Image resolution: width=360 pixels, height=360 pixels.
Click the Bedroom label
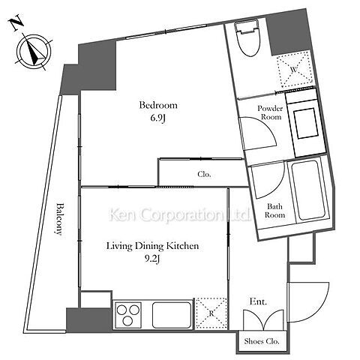[158, 105]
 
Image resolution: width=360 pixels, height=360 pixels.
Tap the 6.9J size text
[158, 118]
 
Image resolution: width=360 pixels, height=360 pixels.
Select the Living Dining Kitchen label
[153, 246]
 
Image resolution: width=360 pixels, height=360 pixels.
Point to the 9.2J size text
[152, 259]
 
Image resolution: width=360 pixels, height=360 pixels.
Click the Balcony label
[59, 219]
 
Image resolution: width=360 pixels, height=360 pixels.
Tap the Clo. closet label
[204, 174]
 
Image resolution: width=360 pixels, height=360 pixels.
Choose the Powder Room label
[270, 112]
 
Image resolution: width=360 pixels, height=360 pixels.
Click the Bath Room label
[274, 211]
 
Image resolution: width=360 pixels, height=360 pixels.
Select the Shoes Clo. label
[262, 341]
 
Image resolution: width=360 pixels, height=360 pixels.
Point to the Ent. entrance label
[258, 301]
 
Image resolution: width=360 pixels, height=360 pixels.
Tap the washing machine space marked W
[295, 69]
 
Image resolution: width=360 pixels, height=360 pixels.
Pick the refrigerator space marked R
[211, 313]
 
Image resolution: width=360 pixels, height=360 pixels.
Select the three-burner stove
[128, 314]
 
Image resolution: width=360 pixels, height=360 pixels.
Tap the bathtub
[309, 190]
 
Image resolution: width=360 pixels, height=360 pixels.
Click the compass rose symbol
[34, 52]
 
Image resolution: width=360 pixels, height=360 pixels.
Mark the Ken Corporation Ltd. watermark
[179, 214]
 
